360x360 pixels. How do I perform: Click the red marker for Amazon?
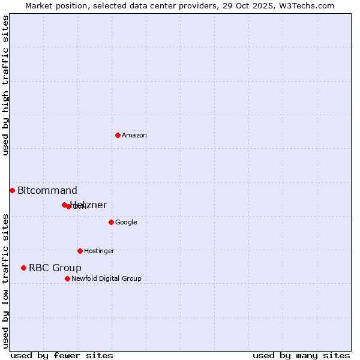118,135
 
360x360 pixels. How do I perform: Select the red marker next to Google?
111,222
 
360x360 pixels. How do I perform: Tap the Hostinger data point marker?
80,251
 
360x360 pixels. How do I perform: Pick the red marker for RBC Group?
23,268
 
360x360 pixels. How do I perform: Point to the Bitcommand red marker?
12,190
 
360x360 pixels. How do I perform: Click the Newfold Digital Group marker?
67,278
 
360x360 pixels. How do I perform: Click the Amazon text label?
134,136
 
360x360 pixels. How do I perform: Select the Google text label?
126,223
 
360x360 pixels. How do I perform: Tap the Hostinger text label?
99,251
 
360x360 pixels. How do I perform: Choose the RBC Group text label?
55,268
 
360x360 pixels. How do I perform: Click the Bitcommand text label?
47,191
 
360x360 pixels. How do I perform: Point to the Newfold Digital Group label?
106,279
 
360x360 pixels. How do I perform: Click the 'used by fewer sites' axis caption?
62,355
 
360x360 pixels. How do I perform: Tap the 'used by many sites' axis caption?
301,355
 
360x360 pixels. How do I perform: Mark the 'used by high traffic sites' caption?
5,85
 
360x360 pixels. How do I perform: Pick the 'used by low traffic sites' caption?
5,281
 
